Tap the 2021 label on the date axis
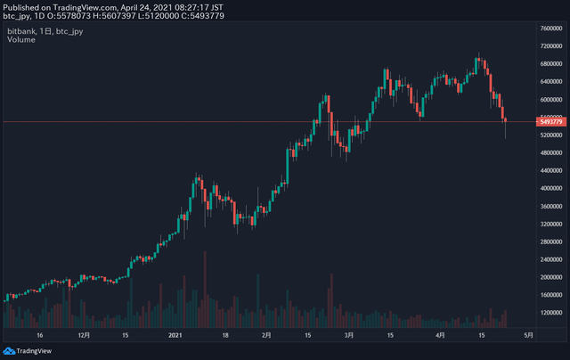point(175,336)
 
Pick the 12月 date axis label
point(84,336)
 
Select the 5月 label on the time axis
point(528,336)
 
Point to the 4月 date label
point(440,336)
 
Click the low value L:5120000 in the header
point(157,16)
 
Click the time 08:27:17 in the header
point(184,6)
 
